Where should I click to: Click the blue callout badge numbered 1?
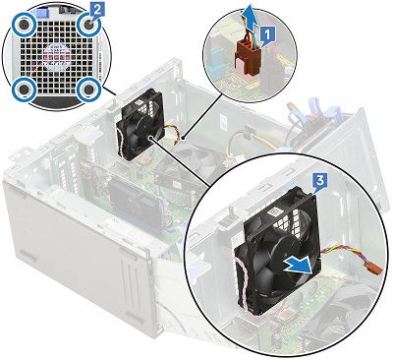tap(267, 34)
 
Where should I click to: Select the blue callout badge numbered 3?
tap(320, 181)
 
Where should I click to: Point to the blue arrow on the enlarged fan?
tap(297, 266)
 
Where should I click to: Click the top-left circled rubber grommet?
tap(24, 26)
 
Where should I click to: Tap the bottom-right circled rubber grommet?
tap(89, 89)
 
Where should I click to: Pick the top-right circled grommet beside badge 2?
tap(88, 26)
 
